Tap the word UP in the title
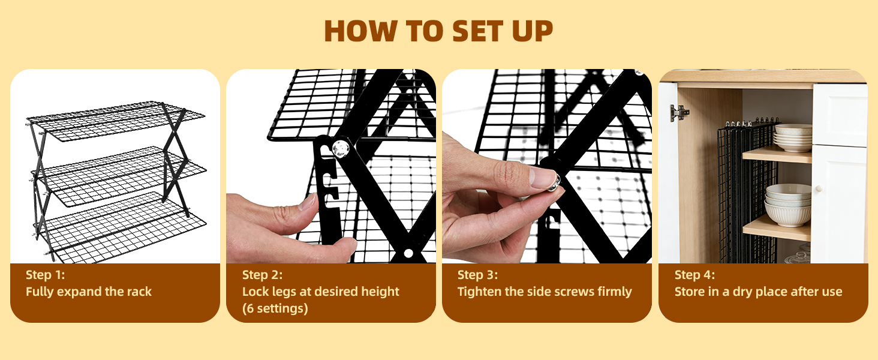(533, 31)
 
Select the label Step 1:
(46, 275)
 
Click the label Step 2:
(262, 275)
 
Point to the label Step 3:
(477, 275)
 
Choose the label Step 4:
(694, 275)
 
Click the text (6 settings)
(275, 308)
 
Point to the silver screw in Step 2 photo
(340, 149)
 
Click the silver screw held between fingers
(554, 182)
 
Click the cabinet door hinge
(679, 113)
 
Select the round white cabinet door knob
(819, 188)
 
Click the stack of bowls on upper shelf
(793, 137)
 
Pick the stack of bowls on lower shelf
(788, 205)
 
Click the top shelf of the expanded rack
(116, 121)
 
